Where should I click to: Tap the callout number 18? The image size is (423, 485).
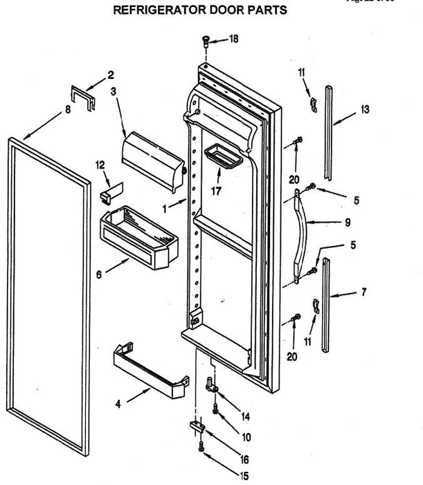coord(233,39)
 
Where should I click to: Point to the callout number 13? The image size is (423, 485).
coord(365,109)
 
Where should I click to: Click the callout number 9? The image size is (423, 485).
coord(347,222)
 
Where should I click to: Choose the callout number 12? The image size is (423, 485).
coord(100,164)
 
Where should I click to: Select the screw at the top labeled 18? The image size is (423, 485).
coord(207,42)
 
